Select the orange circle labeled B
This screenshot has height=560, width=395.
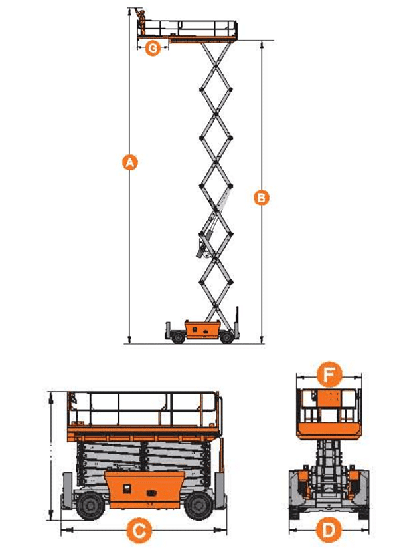click(x=262, y=198)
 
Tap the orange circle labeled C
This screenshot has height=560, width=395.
click(x=139, y=530)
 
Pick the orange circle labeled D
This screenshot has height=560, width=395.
click(x=329, y=530)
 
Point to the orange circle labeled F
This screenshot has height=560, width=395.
click(x=329, y=374)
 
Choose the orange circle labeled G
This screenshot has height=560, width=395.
click(x=153, y=48)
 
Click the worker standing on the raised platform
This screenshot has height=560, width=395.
click(x=141, y=22)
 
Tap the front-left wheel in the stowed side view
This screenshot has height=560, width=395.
click(x=90, y=506)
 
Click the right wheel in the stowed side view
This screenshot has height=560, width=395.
click(x=198, y=506)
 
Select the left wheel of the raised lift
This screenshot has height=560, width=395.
click(x=178, y=337)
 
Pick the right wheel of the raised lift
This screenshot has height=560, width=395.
click(x=226, y=337)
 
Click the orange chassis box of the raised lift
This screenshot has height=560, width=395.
click(x=202, y=329)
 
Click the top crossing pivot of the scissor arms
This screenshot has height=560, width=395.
click(x=216, y=66)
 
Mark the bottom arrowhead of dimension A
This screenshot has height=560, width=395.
click(x=129, y=340)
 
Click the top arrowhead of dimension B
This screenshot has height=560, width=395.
click(x=262, y=45)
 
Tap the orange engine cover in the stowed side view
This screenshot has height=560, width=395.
click(x=145, y=489)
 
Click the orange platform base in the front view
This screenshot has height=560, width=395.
click(x=329, y=431)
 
